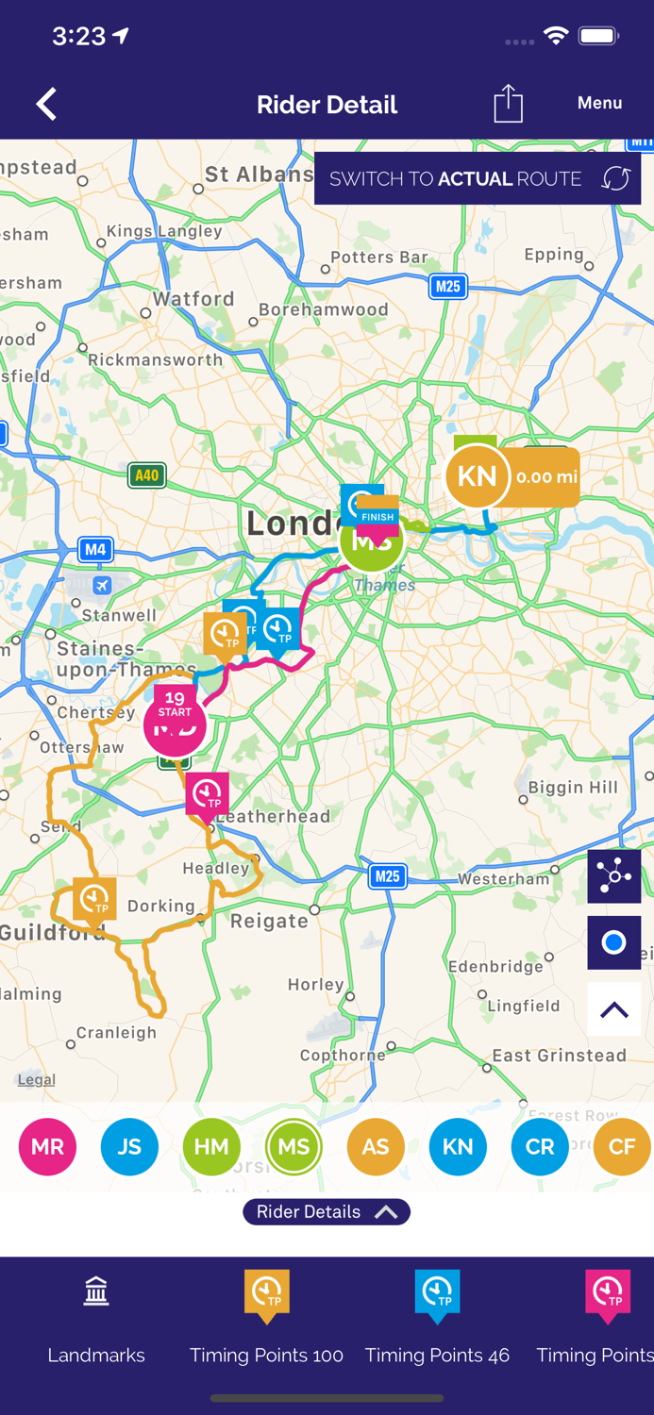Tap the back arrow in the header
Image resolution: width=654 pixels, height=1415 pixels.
[x=46, y=104]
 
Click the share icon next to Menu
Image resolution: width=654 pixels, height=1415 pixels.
[x=508, y=104]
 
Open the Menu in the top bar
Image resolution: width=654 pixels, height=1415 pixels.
[x=599, y=104]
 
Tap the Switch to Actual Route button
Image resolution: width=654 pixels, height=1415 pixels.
[x=478, y=178]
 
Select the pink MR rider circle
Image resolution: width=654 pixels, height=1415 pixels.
[x=48, y=1146]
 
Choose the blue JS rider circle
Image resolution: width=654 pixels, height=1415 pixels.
[x=129, y=1146]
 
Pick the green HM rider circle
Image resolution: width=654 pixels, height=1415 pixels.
[x=211, y=1146]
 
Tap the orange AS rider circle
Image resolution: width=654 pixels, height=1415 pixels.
[x=376, y=1146]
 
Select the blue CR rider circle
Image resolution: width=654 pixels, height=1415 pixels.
[x=540, y=1146]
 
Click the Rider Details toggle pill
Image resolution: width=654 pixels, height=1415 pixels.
[x=327, y=1211]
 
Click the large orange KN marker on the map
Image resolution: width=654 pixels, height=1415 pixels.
[x=477, y=476]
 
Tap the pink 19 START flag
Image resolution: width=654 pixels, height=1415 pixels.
[x=175, y=704]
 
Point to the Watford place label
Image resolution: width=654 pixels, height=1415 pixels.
[x=193, y=299]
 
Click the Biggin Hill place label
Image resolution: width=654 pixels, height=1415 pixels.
[x=573, y=788]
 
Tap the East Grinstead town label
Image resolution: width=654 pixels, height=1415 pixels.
[x=560, y=1056]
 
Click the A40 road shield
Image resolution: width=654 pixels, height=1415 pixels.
[x=147, y=475]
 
